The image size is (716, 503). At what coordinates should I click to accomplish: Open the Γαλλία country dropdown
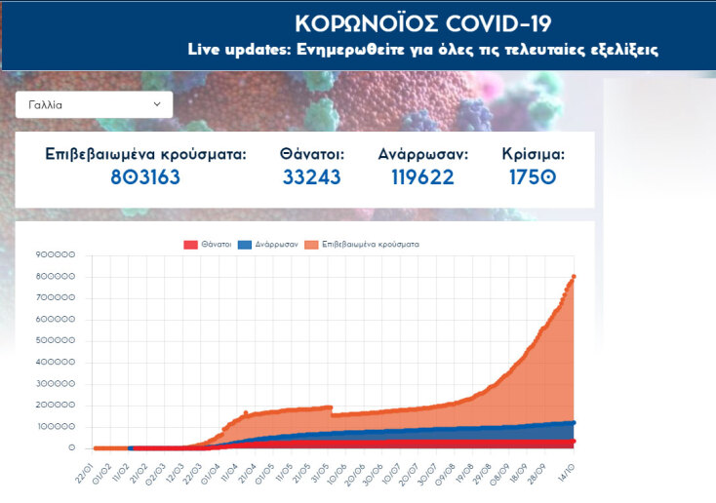click(94, 104)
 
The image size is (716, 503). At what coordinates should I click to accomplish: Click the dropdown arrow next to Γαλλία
click(157, 104)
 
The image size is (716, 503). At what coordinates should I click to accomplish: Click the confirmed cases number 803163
click(145, 177)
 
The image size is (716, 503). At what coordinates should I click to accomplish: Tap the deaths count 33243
click(312, 177)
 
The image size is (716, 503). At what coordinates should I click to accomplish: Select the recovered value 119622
click(423, 177)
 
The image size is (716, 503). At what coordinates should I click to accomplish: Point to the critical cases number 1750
click(533, 177)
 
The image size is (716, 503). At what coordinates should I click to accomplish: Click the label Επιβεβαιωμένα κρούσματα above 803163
click(145, 154)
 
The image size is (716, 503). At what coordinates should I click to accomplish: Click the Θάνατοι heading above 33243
click(312, 154)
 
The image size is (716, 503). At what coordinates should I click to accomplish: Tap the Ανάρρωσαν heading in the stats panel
click(423, 154)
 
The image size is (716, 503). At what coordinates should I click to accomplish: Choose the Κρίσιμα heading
click(533, 154)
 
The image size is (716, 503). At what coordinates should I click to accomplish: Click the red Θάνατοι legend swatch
click(190, 245)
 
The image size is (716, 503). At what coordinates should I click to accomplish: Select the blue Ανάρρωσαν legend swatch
click(246, 245)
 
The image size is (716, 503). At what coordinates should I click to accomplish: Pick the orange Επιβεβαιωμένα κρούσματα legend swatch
click(312, 245)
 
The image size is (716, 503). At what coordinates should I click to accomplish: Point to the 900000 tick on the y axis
click(56, 255)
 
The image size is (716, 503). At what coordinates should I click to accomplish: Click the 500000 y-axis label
click(56, 341)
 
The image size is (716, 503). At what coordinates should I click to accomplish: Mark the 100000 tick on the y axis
click(56, 427)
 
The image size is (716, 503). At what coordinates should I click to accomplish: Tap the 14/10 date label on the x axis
click(565, 470)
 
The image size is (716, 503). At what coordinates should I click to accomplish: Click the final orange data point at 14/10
click(574, 277)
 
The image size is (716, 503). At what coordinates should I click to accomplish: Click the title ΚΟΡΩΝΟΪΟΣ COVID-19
click(423, 23)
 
